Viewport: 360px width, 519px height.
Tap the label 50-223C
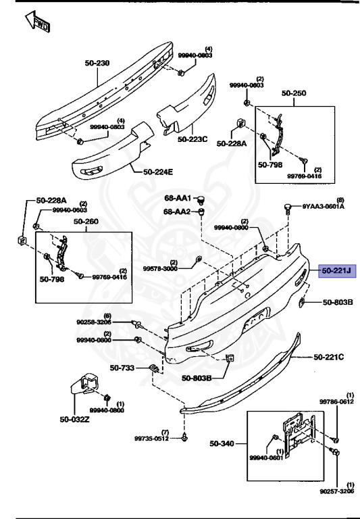pos(193,139)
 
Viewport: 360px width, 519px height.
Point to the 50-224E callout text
pos(158,172)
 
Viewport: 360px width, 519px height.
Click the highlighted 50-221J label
pos(336,271)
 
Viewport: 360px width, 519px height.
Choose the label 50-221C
pos(328,357)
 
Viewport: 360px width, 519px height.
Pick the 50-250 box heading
pos(294,92)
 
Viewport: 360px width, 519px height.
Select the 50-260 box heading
pos(86,221)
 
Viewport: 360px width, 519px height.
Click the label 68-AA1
pos(178,198)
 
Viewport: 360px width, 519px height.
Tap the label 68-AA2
pos(178,212)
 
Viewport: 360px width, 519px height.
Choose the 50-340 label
pos(222,443)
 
